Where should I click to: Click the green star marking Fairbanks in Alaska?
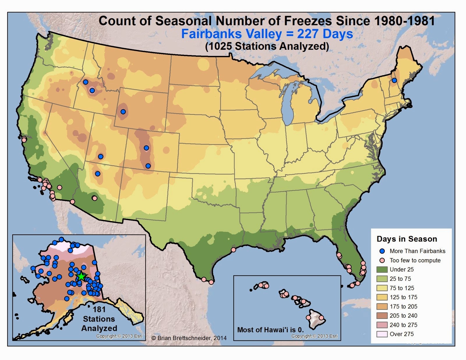click(81, 277)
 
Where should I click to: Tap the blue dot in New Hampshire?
click(394, 80)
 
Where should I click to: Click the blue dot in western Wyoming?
click(123, 112)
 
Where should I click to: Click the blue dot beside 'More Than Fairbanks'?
click(383, 251)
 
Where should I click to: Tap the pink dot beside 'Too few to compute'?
click(383, 260)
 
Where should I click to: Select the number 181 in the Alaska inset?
click(99, 309)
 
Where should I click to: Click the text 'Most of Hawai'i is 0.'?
click(270, 330)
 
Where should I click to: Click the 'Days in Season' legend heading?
click(407, 239)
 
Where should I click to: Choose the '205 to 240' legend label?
click(403, 316)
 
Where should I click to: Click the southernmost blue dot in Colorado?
click(148, 166)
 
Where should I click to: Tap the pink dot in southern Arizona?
click(94, 198)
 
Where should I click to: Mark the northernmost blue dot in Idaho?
click(86, 82)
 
